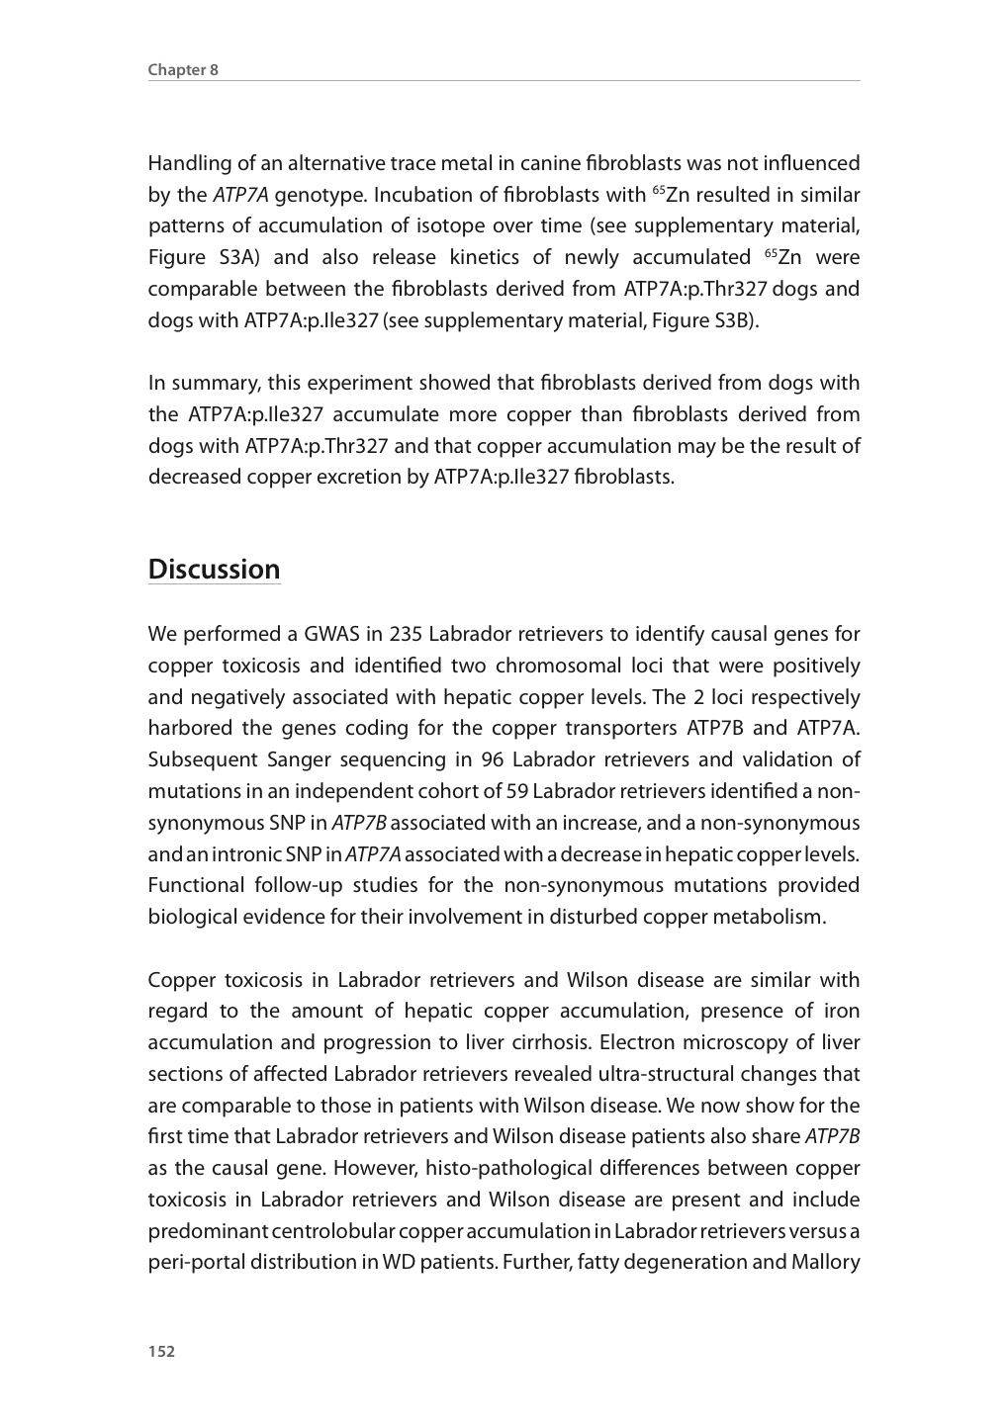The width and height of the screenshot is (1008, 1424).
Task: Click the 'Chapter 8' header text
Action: tap(183, 69)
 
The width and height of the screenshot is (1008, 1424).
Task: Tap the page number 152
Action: tap(161, 1352)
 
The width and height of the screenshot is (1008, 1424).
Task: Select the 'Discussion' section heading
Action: tap(214, 570)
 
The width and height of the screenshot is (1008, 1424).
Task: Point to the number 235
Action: tap(406, 634)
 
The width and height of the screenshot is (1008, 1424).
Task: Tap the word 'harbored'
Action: tap(190, 728)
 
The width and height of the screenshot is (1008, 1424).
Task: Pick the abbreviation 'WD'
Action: tap(398, 1262)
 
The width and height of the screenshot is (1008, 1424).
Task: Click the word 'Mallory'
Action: tap(824, 1262)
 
